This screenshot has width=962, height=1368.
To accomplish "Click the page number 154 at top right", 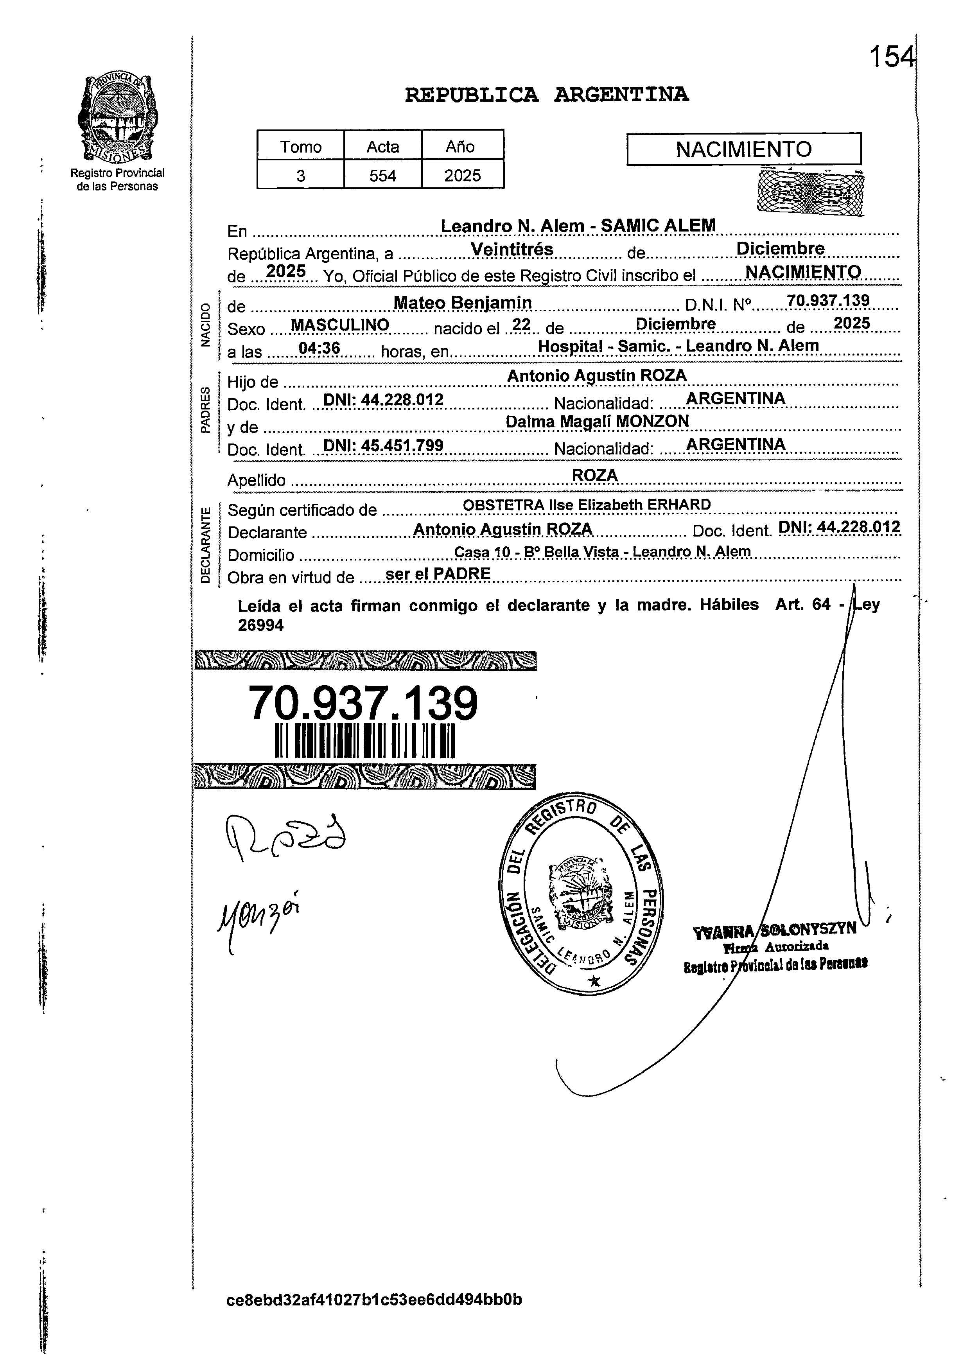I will coord(890,58).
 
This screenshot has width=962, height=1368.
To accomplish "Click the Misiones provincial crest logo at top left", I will coord(117,118).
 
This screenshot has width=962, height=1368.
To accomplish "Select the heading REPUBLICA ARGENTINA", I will coord(546,95).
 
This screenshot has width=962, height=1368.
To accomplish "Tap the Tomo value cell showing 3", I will coord(300,175).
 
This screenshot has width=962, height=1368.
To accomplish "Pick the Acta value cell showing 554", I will coord(382,175).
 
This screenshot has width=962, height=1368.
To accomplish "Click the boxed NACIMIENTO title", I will coord(743,149).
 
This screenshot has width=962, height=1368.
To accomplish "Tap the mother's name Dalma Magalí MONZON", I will coord(597,421).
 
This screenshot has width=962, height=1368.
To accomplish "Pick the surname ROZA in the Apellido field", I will coord(594,476).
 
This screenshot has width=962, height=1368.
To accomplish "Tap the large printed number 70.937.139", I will coord(363,703).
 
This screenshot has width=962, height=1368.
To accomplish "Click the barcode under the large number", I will coord(364,741).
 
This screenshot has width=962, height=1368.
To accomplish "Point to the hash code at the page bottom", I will coord(374,1299).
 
